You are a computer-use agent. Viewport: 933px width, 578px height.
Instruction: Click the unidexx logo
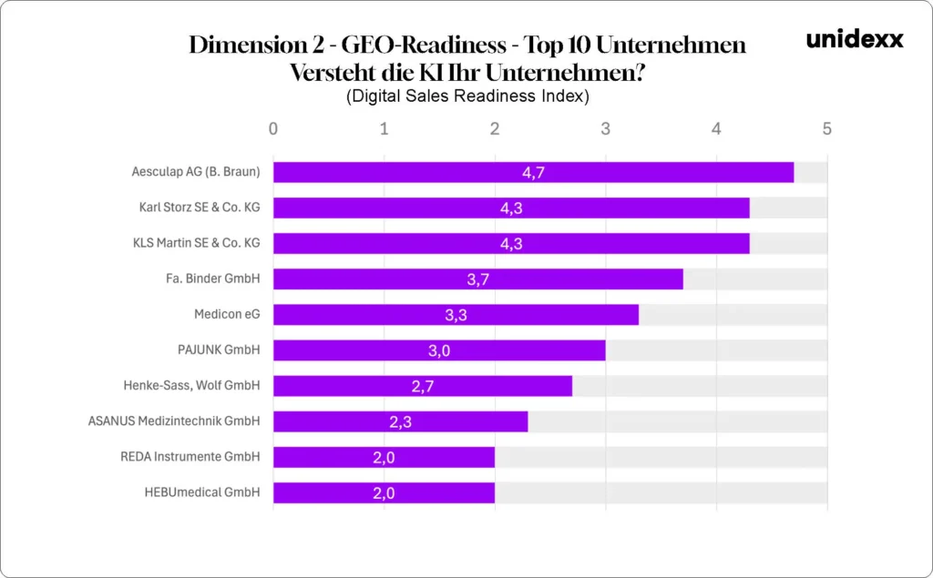click(855, 39)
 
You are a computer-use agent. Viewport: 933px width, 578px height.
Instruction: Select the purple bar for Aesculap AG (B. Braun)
click(533, 172)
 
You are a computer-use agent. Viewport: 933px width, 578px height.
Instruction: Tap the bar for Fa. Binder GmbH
click(477, 279)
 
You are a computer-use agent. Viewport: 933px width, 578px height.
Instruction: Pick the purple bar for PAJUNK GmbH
click(439, 350)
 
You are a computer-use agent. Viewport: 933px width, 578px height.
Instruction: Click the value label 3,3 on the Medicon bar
click(456, 315)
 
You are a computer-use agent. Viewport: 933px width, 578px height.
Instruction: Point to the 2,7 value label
click(423, 386)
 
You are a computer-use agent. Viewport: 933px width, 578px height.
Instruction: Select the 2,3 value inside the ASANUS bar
click(400, 421)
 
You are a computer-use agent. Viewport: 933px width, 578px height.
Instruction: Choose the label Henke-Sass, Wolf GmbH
click(191, 386)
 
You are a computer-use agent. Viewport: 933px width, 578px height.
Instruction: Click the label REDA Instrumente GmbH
click(190, 457)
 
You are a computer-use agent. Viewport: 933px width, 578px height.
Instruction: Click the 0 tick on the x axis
click(273, 128)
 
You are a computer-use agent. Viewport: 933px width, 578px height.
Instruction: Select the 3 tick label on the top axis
click(606, 128)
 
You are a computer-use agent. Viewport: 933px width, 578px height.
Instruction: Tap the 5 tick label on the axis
click(827, 128)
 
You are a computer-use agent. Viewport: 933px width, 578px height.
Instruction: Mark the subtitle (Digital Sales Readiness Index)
click(467, 96)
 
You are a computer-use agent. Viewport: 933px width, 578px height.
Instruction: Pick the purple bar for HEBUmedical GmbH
click(384, 492)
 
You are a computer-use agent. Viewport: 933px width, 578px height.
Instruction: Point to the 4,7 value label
click(533, 172)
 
